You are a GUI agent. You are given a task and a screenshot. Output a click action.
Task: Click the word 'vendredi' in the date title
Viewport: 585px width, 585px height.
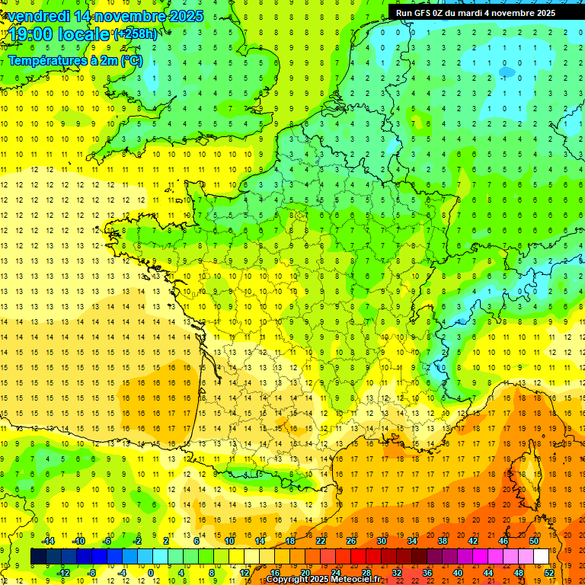click(x=38, y=16)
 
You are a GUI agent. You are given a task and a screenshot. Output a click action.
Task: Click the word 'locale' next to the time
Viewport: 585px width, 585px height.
click(x=86, y=35)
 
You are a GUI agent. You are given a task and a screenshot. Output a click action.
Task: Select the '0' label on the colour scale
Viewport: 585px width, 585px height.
click(x=151, y=573)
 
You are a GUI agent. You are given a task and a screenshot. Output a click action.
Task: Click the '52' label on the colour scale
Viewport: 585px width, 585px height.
click(x=548, y=573)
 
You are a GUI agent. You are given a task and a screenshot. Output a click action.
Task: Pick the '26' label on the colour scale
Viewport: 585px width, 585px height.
click(x=350, y=541)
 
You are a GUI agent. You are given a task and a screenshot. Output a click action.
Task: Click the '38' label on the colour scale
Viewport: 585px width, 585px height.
click(x=442, y=541)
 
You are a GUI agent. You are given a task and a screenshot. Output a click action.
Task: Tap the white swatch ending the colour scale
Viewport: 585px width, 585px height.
click(x=541, y=557)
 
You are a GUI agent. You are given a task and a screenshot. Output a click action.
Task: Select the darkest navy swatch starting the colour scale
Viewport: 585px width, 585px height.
click(x=38, y=557)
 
